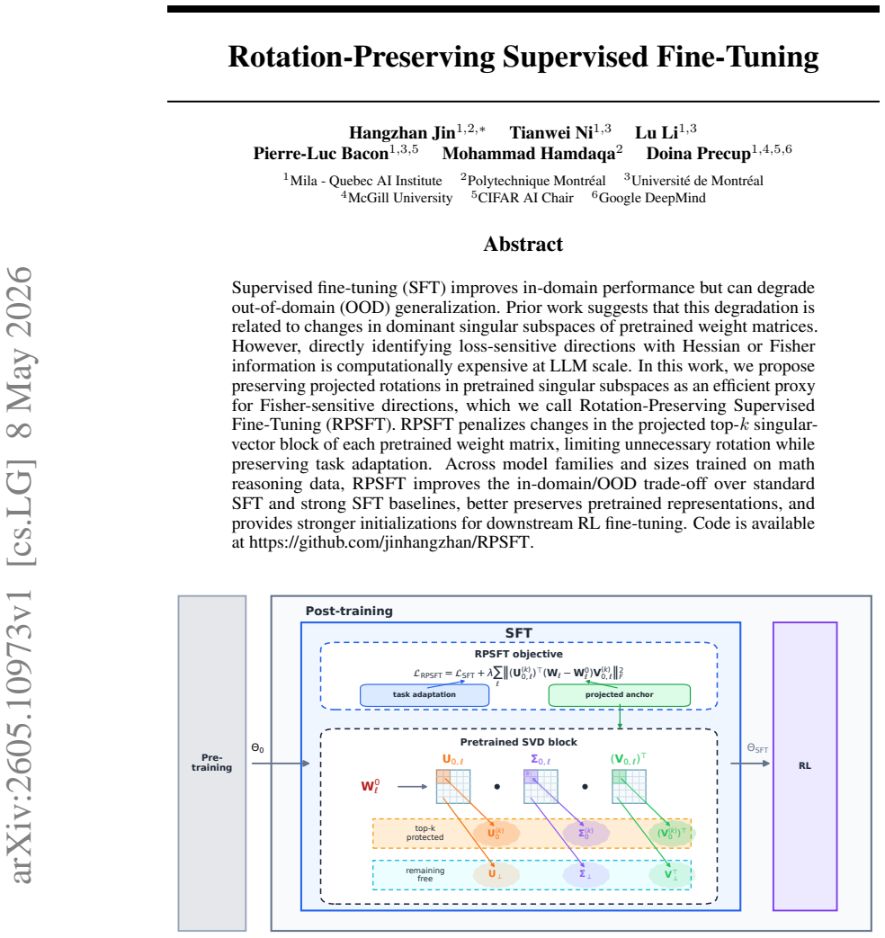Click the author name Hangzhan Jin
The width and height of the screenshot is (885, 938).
click(x=402, y=132)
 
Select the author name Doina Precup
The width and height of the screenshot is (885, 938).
click(x=698, y=153)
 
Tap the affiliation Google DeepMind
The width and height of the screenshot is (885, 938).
click(x=652, y=198)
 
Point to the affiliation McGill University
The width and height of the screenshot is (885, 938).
click(x=400, y=198)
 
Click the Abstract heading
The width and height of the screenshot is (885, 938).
click(x=523, y=244)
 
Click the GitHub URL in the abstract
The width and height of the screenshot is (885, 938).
click(x=390, y=542)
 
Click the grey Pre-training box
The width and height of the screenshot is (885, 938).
click(x=212, y=763)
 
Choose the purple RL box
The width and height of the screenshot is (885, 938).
click(x=805, y=765)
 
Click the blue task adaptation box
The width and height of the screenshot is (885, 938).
click(x=425, y=695)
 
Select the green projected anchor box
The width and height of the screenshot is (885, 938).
click(x=620, y=695)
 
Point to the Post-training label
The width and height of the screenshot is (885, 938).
click(x=349, y=611)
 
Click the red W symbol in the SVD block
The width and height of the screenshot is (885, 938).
click(x=370, y=786)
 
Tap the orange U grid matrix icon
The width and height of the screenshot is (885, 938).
click(x=453, y=786)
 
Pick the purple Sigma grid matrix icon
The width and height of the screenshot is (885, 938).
click(x=541, y=786)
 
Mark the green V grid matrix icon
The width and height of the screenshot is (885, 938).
click(x=629, y=786)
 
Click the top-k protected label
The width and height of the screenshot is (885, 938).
click(x=425, y=833)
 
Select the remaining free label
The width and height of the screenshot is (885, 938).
click(x=425, y=874)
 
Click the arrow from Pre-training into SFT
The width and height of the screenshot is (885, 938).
click(x=281, y=764)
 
